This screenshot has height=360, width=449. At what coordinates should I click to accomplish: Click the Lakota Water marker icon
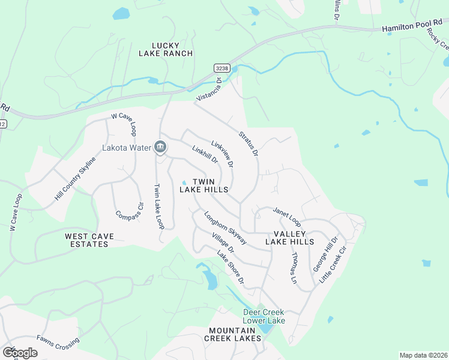click(160, 147)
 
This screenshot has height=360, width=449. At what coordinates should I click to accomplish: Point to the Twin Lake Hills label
click(204, 185)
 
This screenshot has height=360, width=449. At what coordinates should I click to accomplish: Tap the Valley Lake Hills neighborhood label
click(290, 238)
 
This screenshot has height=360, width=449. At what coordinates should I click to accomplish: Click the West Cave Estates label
click(89, 241)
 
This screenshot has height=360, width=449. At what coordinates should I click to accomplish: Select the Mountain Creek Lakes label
click(235, 335)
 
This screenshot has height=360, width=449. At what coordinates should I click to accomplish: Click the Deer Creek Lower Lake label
click(264, 316)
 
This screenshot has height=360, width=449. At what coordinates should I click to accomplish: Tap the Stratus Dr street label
click(248, 145)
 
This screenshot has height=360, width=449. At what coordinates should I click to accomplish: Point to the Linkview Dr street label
click(221, 154)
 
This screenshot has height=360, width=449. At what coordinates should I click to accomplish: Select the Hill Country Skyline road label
click(75, 179)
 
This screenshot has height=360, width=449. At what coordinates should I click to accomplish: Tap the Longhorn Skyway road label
click(225, 227)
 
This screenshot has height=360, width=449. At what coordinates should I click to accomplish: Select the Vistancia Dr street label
click(209, 88)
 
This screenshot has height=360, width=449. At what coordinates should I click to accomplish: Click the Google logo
click(20, 353)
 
